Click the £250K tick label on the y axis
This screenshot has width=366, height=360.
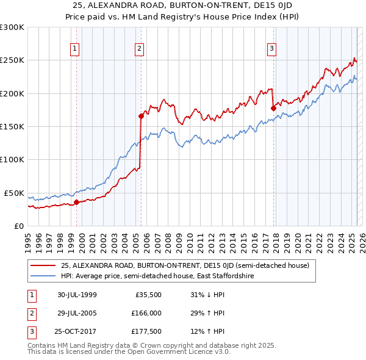point(12,60)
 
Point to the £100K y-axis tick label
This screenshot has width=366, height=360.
point(12,159)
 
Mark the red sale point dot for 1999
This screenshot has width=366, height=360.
point(76,202)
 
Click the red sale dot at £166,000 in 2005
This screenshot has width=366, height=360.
point(141,116)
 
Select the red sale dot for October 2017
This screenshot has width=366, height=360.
point(273,108)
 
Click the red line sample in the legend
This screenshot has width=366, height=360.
point(43,265)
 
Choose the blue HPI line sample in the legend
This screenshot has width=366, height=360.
point(43,276)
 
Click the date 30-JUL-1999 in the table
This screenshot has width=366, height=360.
point(77,295)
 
